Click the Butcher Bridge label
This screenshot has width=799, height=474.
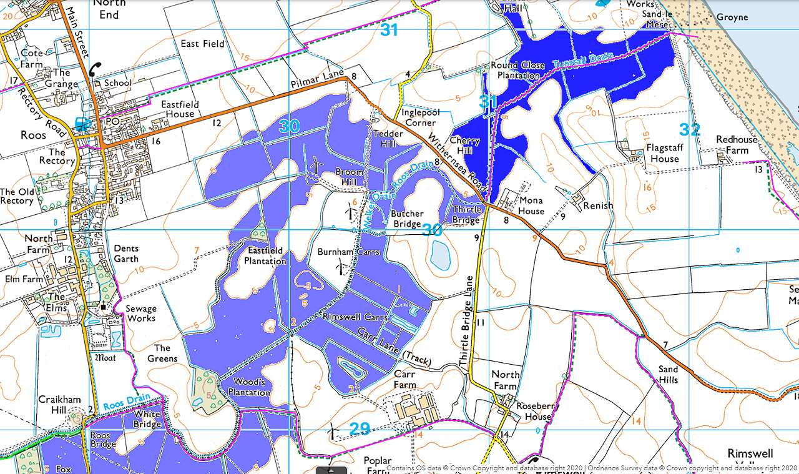(x=407, y=219)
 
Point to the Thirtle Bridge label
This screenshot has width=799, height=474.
(x=466, y=215)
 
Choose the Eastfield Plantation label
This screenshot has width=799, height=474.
(x=265, y=255)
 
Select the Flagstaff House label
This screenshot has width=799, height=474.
(x=665, y=153)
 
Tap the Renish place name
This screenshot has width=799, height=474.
(x=598, y=205)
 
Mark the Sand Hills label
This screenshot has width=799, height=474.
(x=668, y=374)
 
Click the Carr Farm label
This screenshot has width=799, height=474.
(x=404, y=379)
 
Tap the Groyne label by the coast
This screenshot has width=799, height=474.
(x=732, y=17)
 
